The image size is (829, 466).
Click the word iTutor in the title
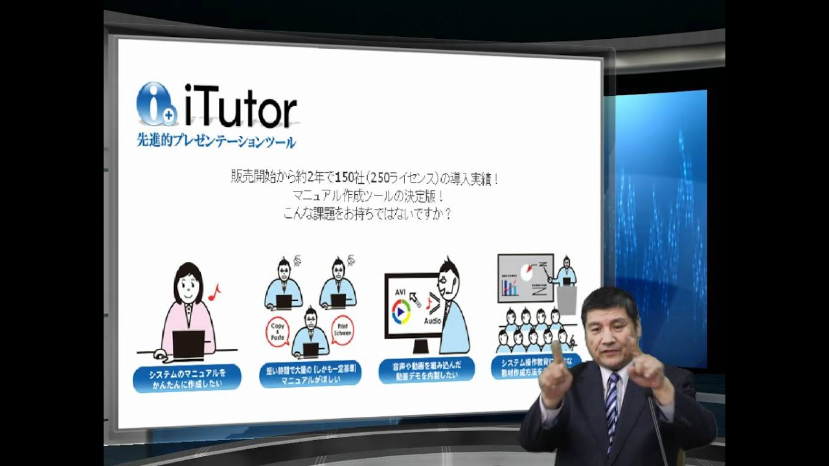coord(240,107)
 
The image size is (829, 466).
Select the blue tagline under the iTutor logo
coord(216,140)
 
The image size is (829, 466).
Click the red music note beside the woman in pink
coord(214,293)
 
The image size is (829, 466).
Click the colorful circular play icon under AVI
coord(402,312)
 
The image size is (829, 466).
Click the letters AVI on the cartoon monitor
coord(400,293)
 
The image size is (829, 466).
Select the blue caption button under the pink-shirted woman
coord(187,378)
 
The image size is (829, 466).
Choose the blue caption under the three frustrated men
coord(310,373)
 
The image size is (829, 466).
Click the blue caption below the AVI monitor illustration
coord(427,369)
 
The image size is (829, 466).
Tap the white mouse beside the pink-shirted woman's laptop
coord(160,355)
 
